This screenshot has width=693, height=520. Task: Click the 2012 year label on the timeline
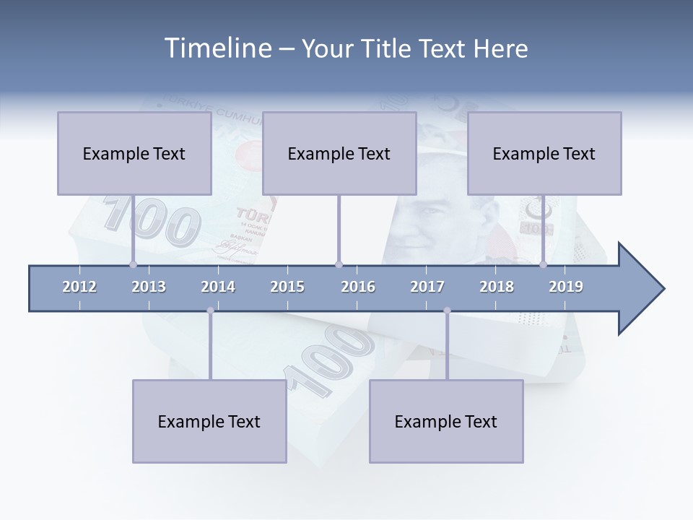(79, 287)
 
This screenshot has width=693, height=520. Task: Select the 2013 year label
(149, 287)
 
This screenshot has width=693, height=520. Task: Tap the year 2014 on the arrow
(218, 287)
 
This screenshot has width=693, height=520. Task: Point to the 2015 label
(287, 287)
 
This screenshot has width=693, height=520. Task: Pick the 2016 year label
(358, 287)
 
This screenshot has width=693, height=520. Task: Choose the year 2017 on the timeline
(427, 287)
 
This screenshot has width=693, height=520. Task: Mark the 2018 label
(497, 287)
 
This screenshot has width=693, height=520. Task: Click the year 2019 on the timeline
(566, 287)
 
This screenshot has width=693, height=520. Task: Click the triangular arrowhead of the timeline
(640, 289)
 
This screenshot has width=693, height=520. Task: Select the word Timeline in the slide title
(216, 48)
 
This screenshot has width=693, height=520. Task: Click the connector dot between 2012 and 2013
(133, 264)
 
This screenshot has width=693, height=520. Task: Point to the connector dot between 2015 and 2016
(339, 264)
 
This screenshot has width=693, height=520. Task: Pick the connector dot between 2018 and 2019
(543, 264)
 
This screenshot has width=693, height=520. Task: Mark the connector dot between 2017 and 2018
(447, 311)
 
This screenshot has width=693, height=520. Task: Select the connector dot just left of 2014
(210, 311)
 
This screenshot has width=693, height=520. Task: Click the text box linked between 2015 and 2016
(339, 153)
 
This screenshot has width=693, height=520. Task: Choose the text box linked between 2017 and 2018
(446, 421)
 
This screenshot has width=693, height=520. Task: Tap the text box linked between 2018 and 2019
(544, 153)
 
